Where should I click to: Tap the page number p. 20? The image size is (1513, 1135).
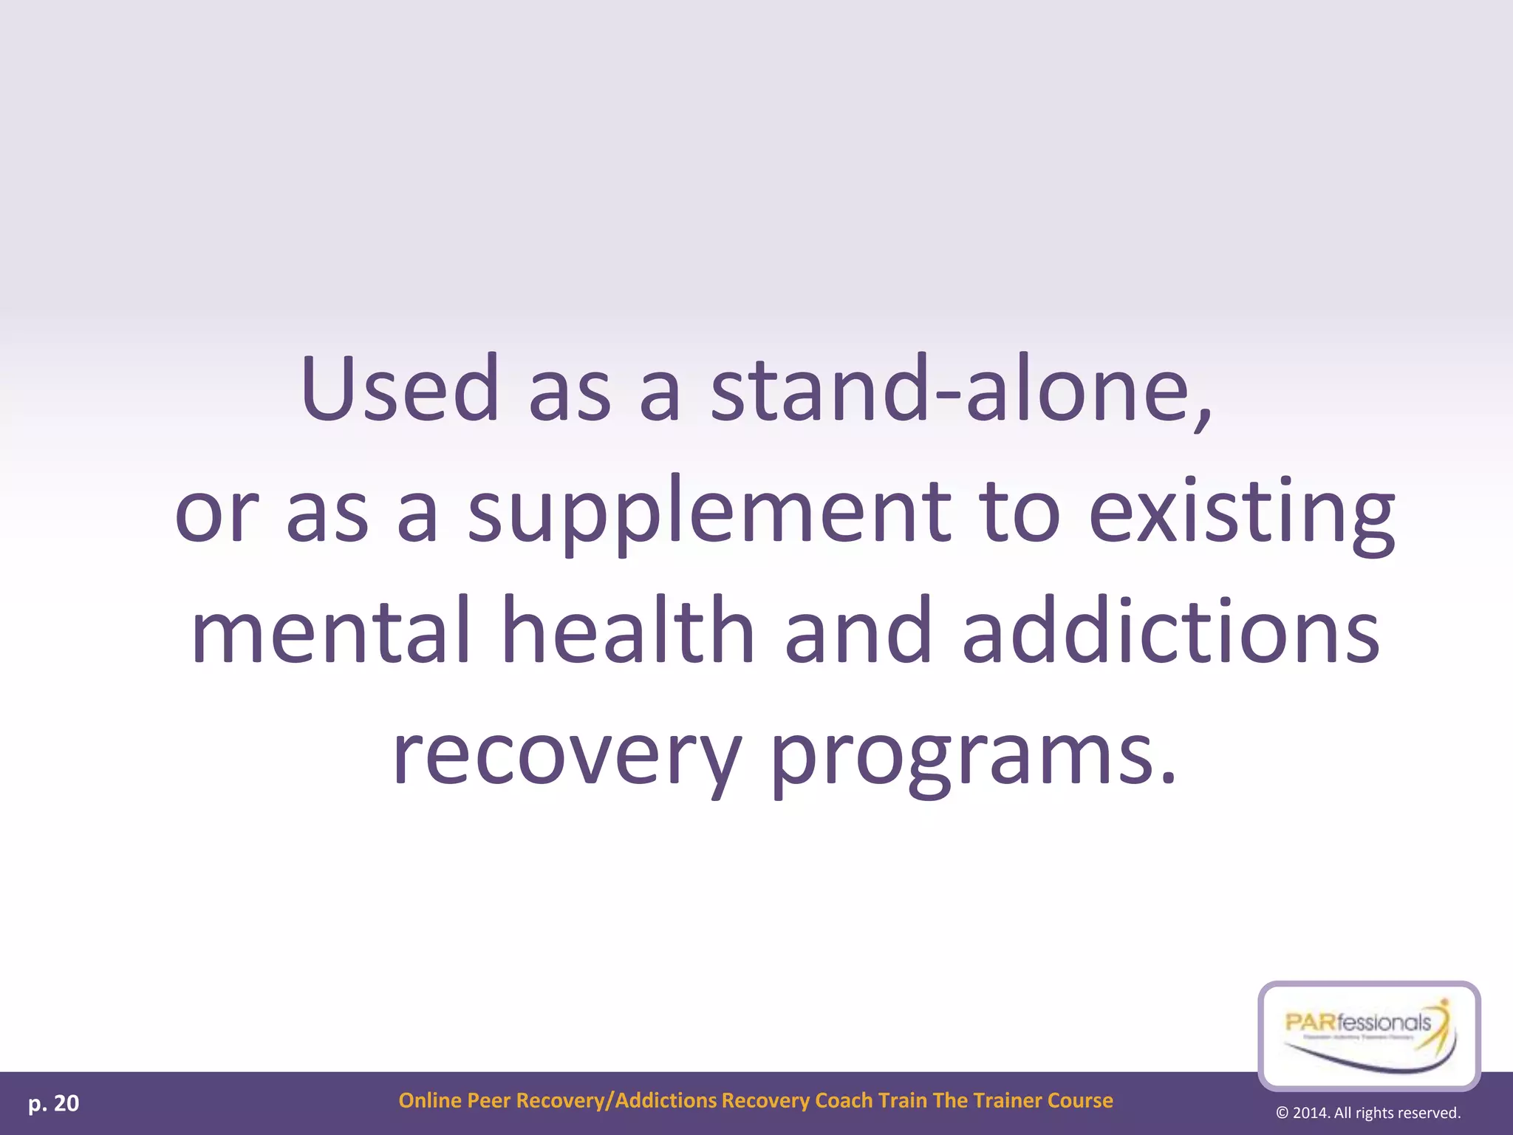54,1103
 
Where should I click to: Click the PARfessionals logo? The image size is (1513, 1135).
1369,1035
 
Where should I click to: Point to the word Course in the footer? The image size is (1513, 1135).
1080,1100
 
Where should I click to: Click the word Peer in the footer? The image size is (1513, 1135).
488,1100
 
